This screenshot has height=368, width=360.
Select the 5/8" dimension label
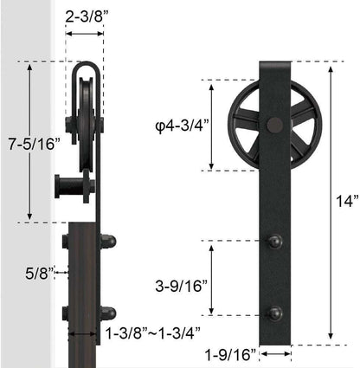[40, 274]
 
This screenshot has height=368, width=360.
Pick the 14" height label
[347, 202]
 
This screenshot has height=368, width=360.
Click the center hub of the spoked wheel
[275, 126]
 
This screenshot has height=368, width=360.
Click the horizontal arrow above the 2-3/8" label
[86, 35]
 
